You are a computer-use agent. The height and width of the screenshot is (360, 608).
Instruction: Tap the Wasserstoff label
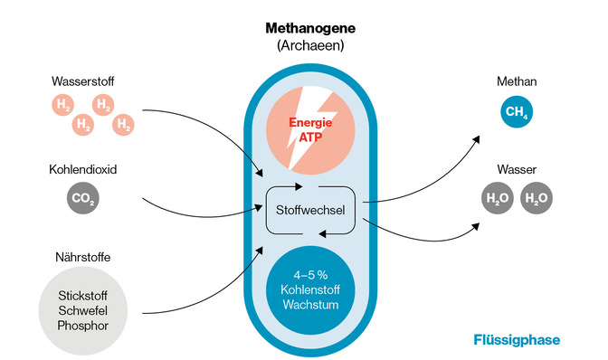click(x=82, y=82)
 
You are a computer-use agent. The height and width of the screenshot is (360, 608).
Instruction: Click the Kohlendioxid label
click(x=84, y=168)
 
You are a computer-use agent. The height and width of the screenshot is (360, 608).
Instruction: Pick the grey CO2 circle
click(x=82, y=198)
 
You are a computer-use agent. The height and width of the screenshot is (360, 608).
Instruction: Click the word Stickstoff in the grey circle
click(x=82, y=295)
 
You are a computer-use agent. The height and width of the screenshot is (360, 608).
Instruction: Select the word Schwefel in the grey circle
click(x=82, y=309)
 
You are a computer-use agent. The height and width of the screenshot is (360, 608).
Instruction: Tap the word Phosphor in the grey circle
click(x=82, y=324)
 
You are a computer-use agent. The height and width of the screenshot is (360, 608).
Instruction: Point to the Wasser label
click(x=513, y=169)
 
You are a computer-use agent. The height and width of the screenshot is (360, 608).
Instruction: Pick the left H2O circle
click(x=498, y=198)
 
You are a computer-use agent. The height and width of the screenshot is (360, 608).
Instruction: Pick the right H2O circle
click(x=535, y=198)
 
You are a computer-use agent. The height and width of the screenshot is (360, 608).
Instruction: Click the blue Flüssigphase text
click(x=517, y=340)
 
